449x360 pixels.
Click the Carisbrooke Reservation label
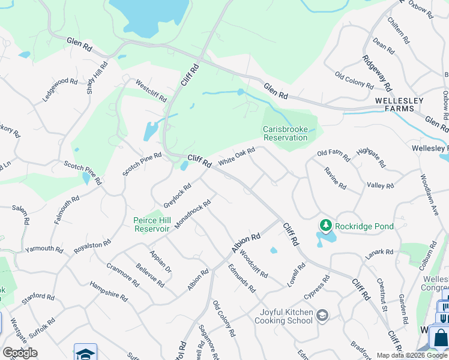285,133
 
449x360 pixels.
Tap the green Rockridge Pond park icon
325,226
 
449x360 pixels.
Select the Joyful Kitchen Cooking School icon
322,316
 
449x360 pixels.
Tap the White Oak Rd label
237,158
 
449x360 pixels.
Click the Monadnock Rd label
193,215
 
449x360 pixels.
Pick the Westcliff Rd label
151,90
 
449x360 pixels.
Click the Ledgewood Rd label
61,89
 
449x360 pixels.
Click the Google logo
20,353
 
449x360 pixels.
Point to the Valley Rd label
380,186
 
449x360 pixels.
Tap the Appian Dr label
161,262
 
